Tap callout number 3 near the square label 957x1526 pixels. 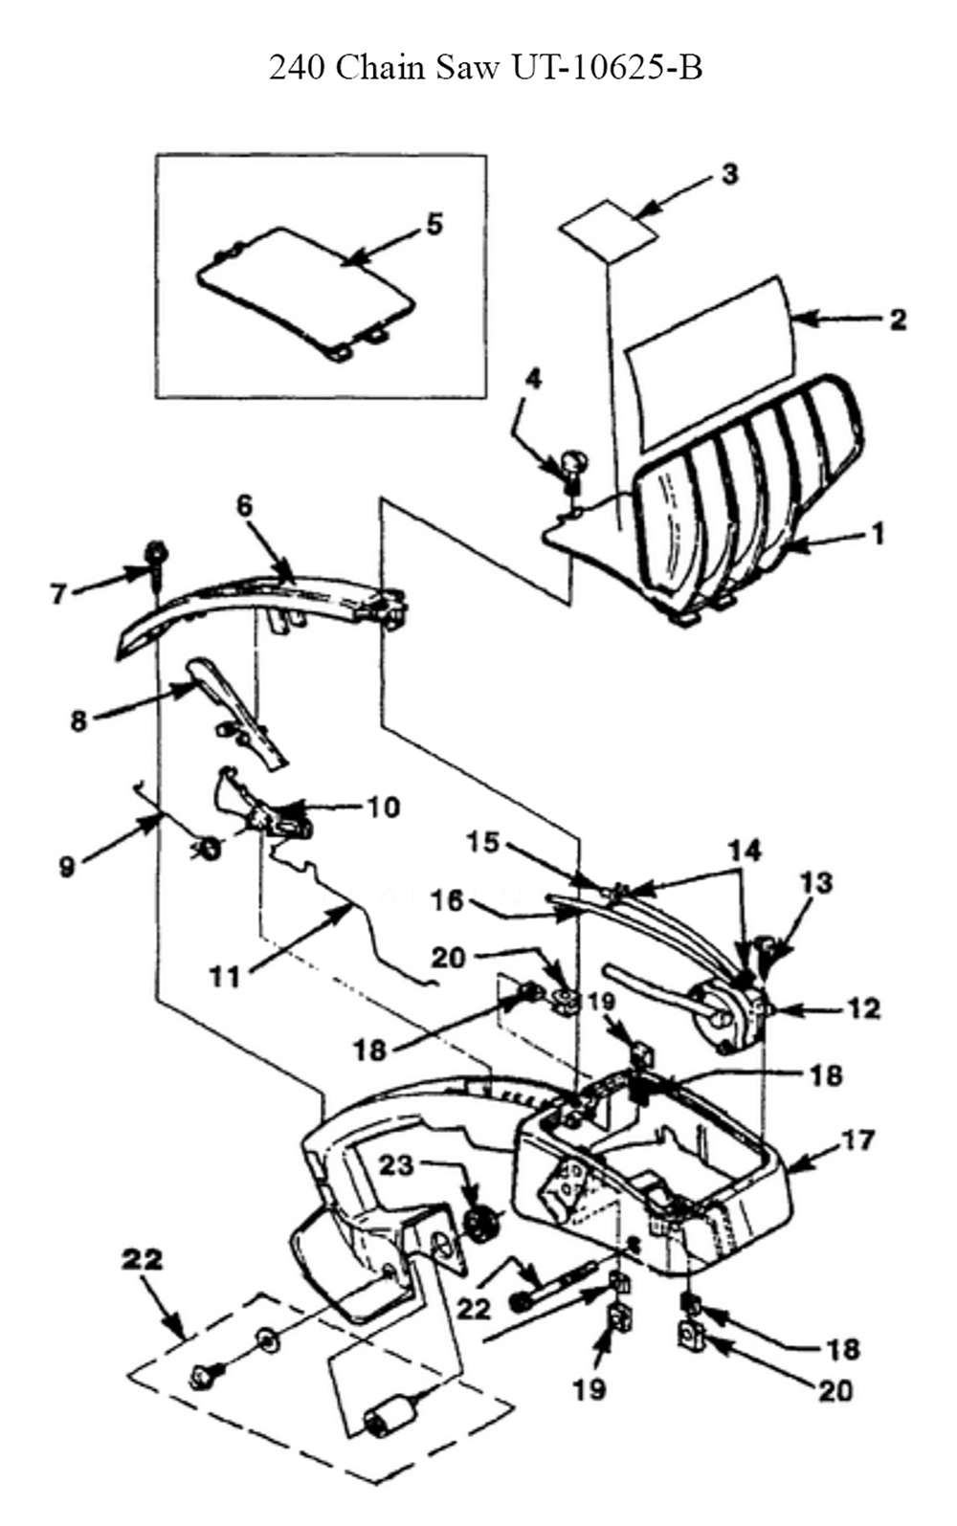(x=729, y=174)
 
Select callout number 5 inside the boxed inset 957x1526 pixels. (x=434, y=224)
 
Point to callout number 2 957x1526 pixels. (x=898, y=320)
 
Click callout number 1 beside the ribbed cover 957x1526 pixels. (x=878, y=534)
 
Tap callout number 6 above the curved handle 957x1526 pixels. (x=244, y=505)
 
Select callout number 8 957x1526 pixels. (x=79, y=720)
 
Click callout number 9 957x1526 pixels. (x=66, y=867)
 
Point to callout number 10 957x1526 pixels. (x=383, y=807)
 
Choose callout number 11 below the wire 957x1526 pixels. (x=225, y=978)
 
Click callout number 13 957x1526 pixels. (x=817, y=883)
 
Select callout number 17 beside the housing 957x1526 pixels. (x=857, y=1139)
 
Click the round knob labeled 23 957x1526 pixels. (x=482, y=1221)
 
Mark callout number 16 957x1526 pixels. (x=447, y=901)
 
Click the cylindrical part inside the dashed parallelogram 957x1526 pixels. (x=388, y=1421)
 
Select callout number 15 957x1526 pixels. (x=483, y=843)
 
